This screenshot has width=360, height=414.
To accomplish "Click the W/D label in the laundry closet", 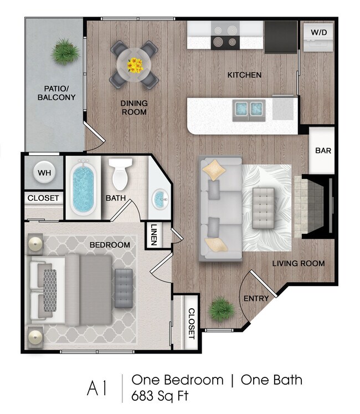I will pyautogui.click(x=318, y=33).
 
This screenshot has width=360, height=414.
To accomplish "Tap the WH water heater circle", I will pyautogui.click(x=44, y=172).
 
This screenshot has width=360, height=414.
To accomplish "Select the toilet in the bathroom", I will pyautogui.click(x=120, y=173).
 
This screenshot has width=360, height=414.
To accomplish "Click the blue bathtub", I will pyautogui.click(x=84, y=188).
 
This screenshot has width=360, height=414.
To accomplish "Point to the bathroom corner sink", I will pyautogui.click(x=160, y=198).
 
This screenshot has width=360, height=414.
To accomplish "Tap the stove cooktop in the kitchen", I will pyautogui.click(x=225, y=36).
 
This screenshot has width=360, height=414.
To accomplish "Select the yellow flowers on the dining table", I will pyautogui.click(x=135, y=65).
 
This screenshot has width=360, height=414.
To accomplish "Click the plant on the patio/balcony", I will pyautogui.click(x=65, y=52).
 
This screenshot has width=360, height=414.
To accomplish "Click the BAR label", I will pyautogui.click(x=322, y=150).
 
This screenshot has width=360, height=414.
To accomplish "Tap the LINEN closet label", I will pyautogui.click(x=153, y=235).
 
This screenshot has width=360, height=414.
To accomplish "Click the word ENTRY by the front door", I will pyautogui.click(x=256, y=298).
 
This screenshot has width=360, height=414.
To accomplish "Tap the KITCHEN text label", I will pyautogui.click(x=244, y=75).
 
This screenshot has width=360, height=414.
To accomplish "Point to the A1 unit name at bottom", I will pyautogui.click(x=96, y=388).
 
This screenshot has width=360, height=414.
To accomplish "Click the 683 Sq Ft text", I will pyautogui.click(x=161, y=397).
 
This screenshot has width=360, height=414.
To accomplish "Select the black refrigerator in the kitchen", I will pyautogui.click(x=281, y=37).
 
